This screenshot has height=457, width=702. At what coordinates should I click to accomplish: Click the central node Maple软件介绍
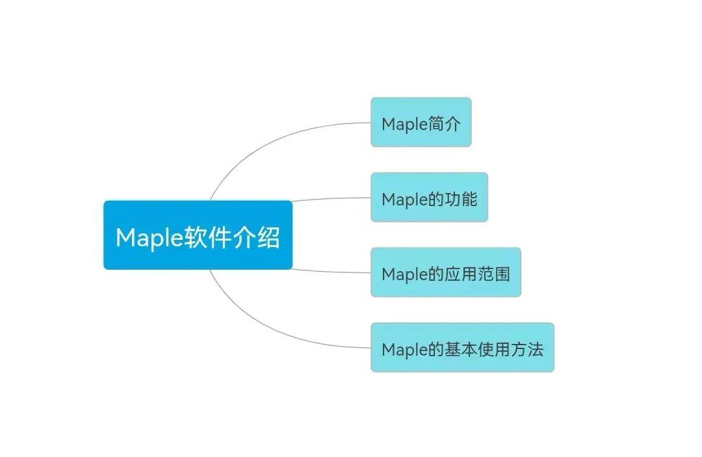[198, 235]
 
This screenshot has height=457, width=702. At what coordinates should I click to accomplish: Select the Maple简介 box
[421, 122]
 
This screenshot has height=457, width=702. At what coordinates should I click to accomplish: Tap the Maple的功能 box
[429, 198]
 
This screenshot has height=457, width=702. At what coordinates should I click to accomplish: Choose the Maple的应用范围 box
[445, 272]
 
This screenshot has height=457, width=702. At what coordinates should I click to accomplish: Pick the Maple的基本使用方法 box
[462, 348]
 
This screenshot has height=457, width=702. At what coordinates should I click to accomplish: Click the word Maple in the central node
[148, 238]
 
